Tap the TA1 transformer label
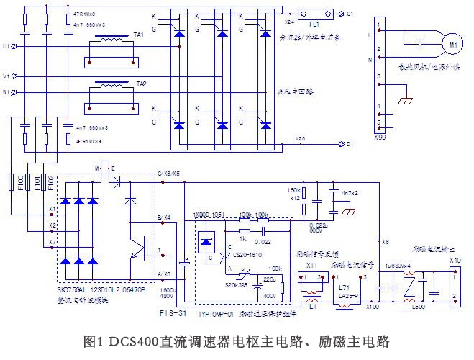[x=138, y=35]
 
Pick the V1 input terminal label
[x=7, y=76]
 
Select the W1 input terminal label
[x=7, y=92]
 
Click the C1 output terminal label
[x=350, y=14]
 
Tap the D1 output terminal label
[x=350, y=145]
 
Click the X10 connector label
[x=455, y=259]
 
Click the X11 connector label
[x=312, y=266]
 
